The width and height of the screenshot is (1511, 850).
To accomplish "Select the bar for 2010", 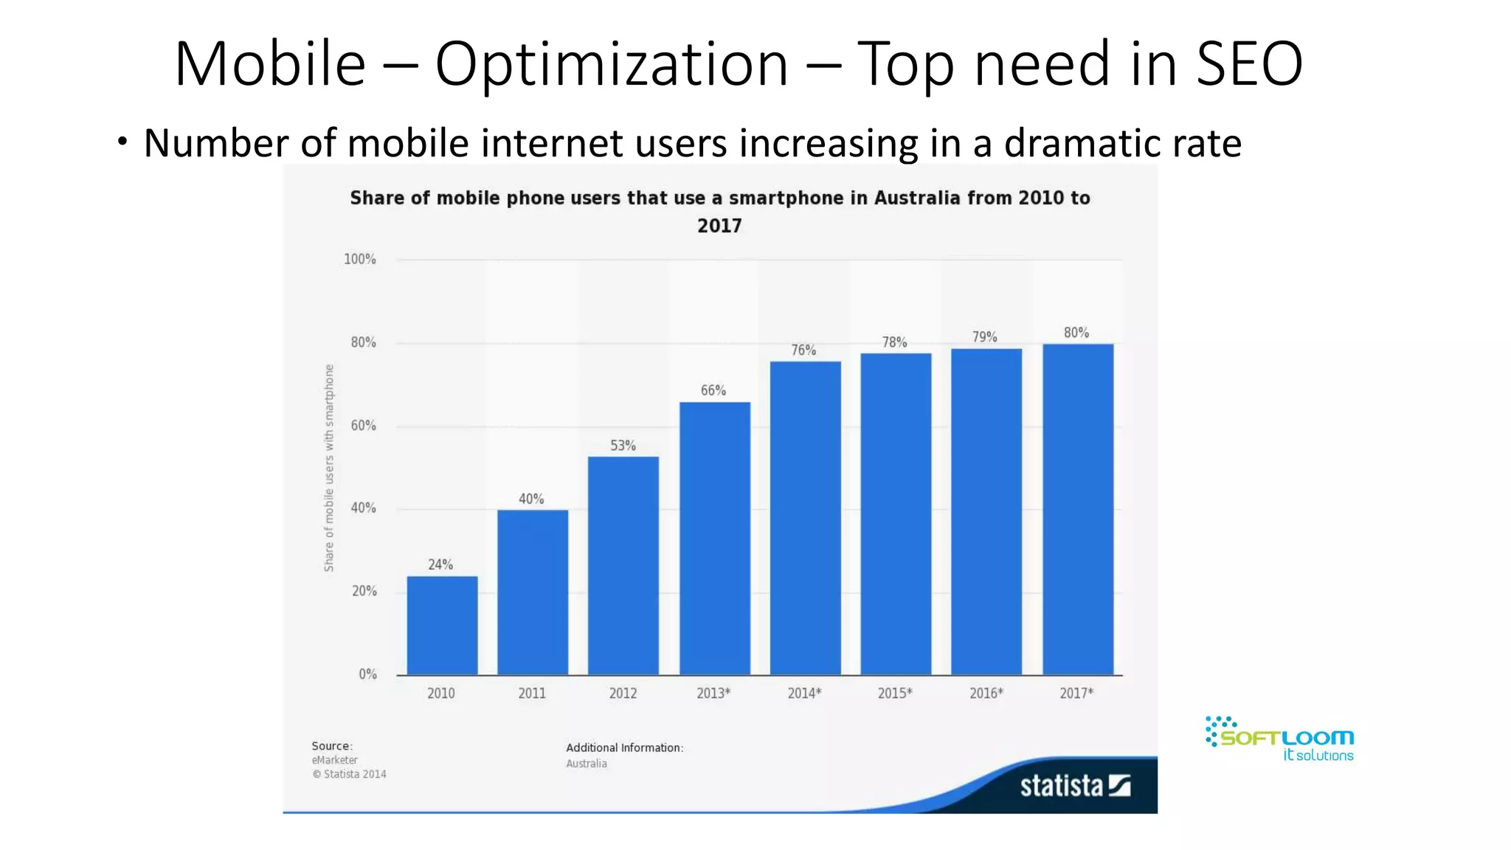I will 442,625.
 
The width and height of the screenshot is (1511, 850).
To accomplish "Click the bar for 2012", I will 623,565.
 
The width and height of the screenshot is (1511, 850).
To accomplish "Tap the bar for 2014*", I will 805,517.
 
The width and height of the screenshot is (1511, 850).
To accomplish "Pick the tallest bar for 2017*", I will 1077,509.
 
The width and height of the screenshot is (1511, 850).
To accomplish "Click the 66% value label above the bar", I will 713,390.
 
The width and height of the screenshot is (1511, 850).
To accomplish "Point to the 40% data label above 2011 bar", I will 531,500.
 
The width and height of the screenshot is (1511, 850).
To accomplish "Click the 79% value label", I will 984,337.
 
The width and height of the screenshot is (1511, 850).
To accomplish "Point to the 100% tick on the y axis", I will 360,259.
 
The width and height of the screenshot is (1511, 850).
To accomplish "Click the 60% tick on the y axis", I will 363,426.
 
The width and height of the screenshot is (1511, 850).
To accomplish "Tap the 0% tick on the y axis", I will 367,674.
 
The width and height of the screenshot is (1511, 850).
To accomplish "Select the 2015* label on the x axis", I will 895,694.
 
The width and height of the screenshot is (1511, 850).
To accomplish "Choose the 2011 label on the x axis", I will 532,694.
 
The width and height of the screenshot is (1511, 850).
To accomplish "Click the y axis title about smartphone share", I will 329,468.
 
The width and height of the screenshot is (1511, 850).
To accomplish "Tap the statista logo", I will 1074,787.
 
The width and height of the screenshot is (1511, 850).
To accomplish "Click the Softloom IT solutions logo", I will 1281,739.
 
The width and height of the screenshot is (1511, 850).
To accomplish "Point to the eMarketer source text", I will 334,760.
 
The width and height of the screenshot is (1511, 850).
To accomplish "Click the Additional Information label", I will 624,747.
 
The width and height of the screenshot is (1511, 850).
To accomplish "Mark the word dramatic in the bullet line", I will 1071,143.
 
